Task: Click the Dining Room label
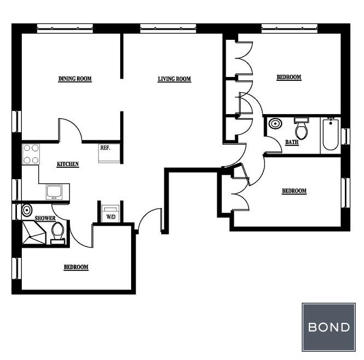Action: click(x=75, y=79)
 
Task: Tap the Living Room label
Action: click(x=174, y=79)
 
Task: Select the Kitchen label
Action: click(x=68, y=164)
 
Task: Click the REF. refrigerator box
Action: click(x=109, y=153)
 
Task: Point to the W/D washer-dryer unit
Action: click(x=111, y=214)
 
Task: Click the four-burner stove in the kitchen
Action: click(x=31, y=154)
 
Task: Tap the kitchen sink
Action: click(x=54, y=192)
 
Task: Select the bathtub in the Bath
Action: click(x=330, y=134)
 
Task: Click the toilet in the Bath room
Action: click(x=301, y=128)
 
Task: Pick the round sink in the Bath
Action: click(x=275, y=123)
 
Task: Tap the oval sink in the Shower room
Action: click(x=27, y=210)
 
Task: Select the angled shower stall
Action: click(x=34, y=232)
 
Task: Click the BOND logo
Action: click(x=328, y=327)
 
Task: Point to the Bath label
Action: click(x=292, y=142)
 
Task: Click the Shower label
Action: click(x=45, y=219)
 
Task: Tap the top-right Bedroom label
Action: click(x=289, y=77)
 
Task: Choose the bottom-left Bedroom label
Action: click(x=76, y=267)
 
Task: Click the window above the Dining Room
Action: click(x=65, y=28)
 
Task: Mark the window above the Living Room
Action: click(x=168, y=28)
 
